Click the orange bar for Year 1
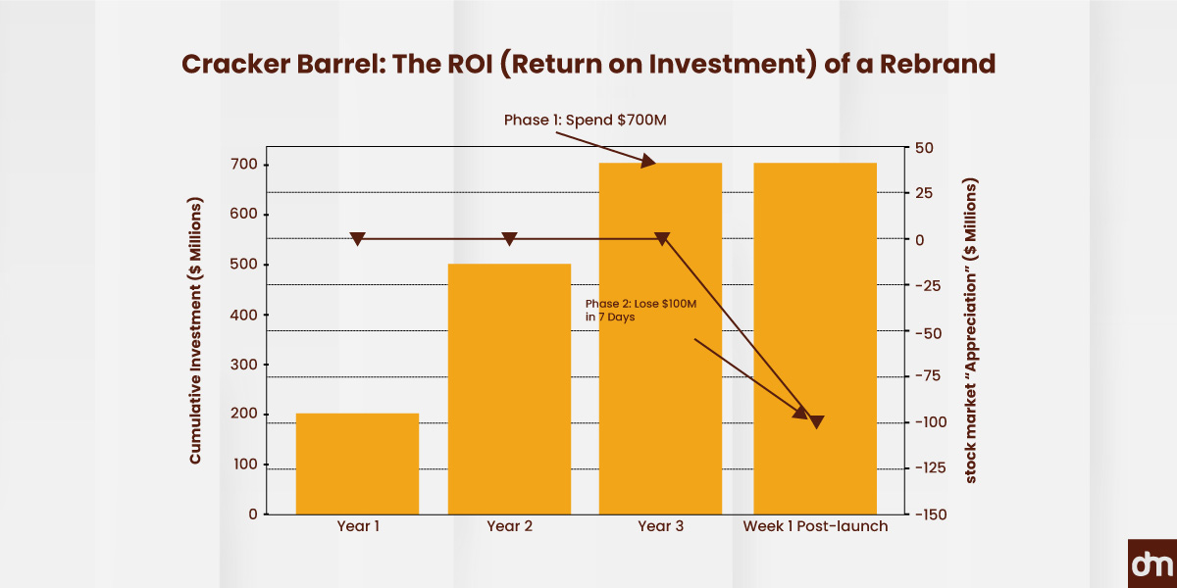click(x=357, y=464)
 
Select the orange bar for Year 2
click(x=509, y=389)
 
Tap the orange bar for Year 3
click(x=660, y=338)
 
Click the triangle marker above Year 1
click(x=358, y=238)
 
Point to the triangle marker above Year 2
click(x=509, y=238)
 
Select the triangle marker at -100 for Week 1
click(x=816, y=421)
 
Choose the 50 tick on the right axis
click(x=927, y=148)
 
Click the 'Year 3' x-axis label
click(x=660, y=527)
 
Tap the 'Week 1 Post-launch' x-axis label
click(x=815, y=527)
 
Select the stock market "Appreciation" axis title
click(x=972, y=331)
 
